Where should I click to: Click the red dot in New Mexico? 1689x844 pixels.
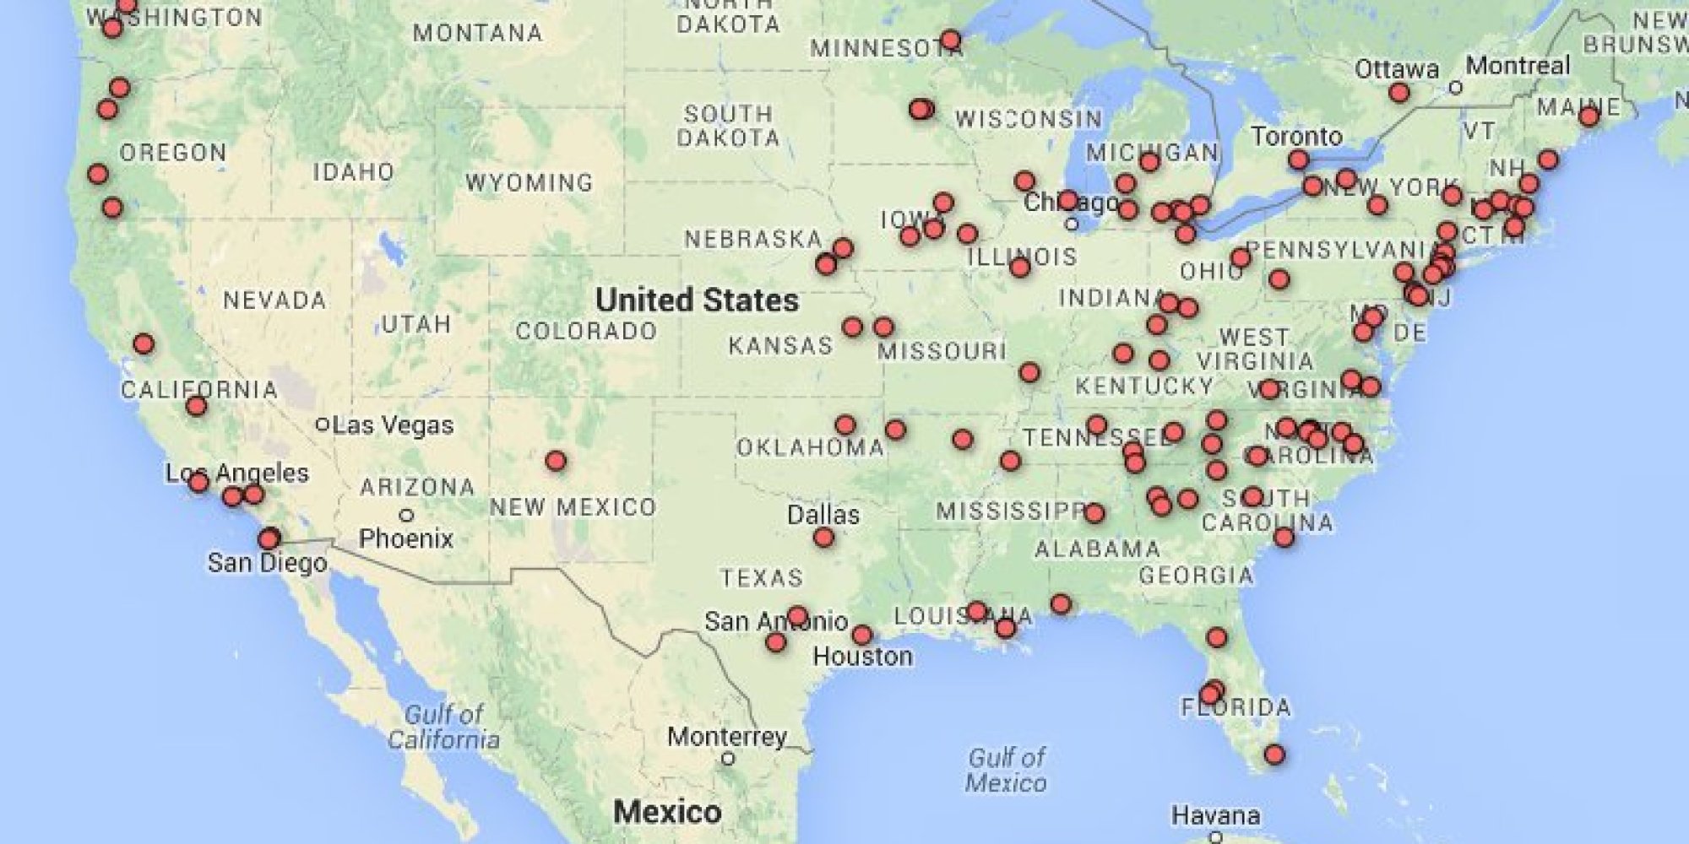(555, 461)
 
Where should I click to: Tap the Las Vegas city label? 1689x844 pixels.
(393, 425)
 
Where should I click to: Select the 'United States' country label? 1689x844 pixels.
(697, 300)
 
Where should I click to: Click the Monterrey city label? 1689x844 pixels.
(726, 737)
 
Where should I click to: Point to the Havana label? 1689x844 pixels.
(1216, 815)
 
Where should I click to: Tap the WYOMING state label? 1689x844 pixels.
(529, 182)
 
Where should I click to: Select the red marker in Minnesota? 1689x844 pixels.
(950, 40)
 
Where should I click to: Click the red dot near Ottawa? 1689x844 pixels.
(1399, 92)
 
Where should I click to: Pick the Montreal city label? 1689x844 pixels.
(1518, 65)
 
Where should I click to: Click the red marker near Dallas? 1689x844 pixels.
(823, 538)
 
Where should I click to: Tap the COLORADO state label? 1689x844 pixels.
(586, 331)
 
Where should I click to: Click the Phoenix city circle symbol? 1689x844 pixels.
(406, 515)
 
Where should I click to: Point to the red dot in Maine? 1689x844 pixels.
(1589, 116)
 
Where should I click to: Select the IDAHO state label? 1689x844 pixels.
(354, 172)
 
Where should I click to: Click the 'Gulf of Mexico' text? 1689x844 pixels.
(1006, 770)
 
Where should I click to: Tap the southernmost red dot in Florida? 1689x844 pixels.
(1274, 754)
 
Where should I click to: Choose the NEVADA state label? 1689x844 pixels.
(274, 300)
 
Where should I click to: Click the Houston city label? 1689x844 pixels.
(862, 657)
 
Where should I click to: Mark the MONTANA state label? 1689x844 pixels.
(477, 33)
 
